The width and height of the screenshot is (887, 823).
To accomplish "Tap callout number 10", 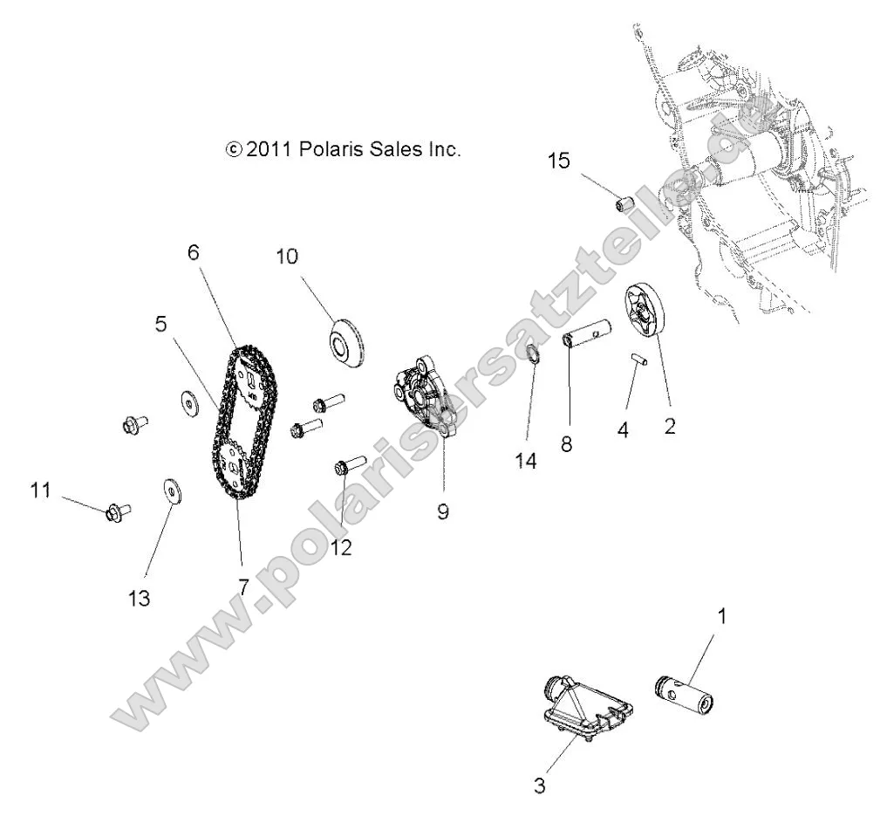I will [287, 257].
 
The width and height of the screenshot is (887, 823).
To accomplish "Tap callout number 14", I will [525, 461].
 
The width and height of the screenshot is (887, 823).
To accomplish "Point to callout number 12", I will [342, 548].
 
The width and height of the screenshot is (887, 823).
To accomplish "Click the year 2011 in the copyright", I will [270, 149].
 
